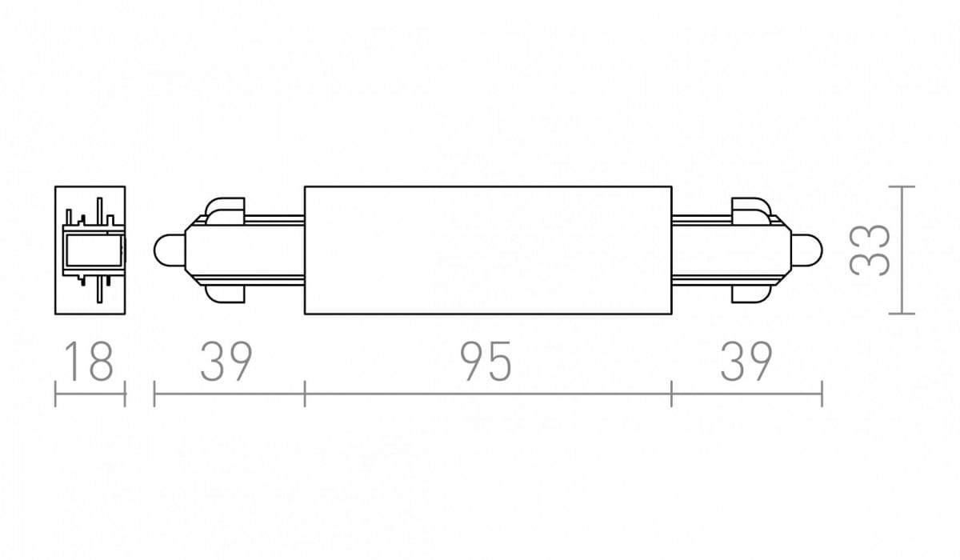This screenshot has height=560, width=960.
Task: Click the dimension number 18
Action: click(90, 361)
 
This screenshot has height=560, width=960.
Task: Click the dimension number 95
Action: click(486, 361)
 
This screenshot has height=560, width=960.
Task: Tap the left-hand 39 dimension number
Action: click(226, 361)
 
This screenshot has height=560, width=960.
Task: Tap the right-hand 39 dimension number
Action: click(746, 361)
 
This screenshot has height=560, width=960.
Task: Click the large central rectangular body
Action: click(488, 250)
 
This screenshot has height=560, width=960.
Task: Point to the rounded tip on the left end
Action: click(169, 250)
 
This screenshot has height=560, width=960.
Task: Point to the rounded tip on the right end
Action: click(807, 250)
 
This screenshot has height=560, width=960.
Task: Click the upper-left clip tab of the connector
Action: click(225, 211)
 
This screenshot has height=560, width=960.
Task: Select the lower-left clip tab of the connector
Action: click(225, 294)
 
